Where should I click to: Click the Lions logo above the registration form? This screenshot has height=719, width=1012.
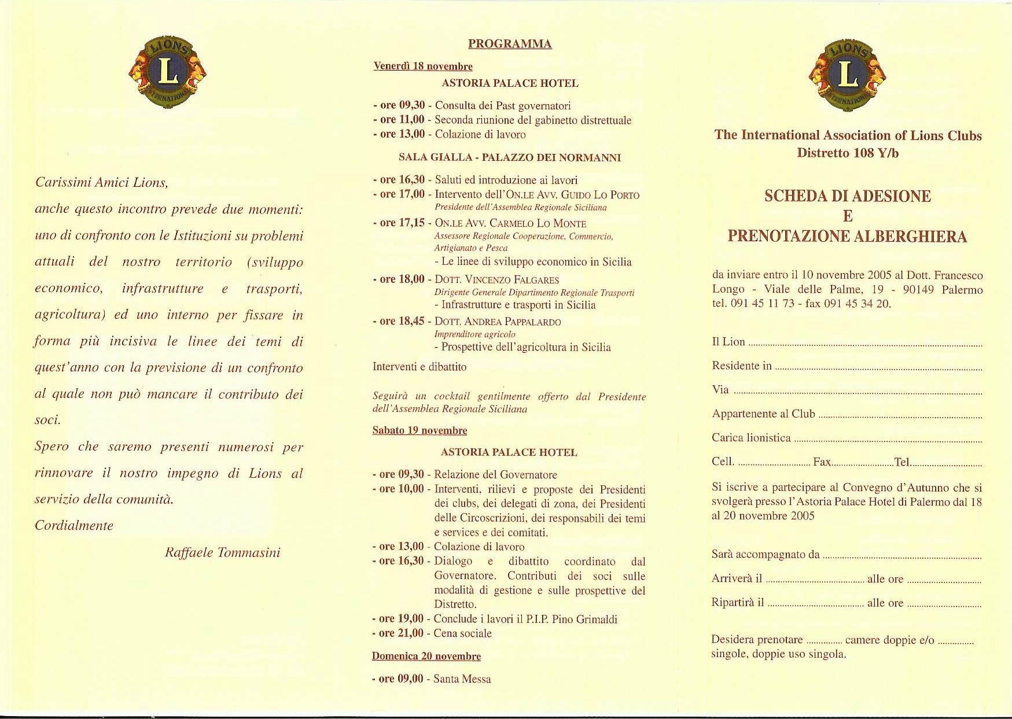point(848,73)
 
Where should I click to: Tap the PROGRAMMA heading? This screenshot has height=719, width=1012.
point(510,44)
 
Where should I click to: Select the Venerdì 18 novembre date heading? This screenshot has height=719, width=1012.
point(423,67)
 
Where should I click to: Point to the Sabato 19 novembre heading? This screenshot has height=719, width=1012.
point(419,430)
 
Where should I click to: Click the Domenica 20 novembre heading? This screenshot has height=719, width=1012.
point(426,656)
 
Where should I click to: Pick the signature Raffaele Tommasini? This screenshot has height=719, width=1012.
point(222,552)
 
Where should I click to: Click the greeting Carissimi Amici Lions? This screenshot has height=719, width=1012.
point(102,183)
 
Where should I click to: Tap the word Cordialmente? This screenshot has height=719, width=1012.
point(74,526)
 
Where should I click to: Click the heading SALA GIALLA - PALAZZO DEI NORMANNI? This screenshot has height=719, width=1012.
point(509,157)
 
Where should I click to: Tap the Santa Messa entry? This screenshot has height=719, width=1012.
point(462,679)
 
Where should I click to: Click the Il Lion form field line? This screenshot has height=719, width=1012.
point(865,344)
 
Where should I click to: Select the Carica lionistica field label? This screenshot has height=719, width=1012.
point(751,438)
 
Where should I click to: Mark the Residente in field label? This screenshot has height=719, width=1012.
point(742,366)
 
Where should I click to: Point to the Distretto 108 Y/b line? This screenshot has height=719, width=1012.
point(848,153)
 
